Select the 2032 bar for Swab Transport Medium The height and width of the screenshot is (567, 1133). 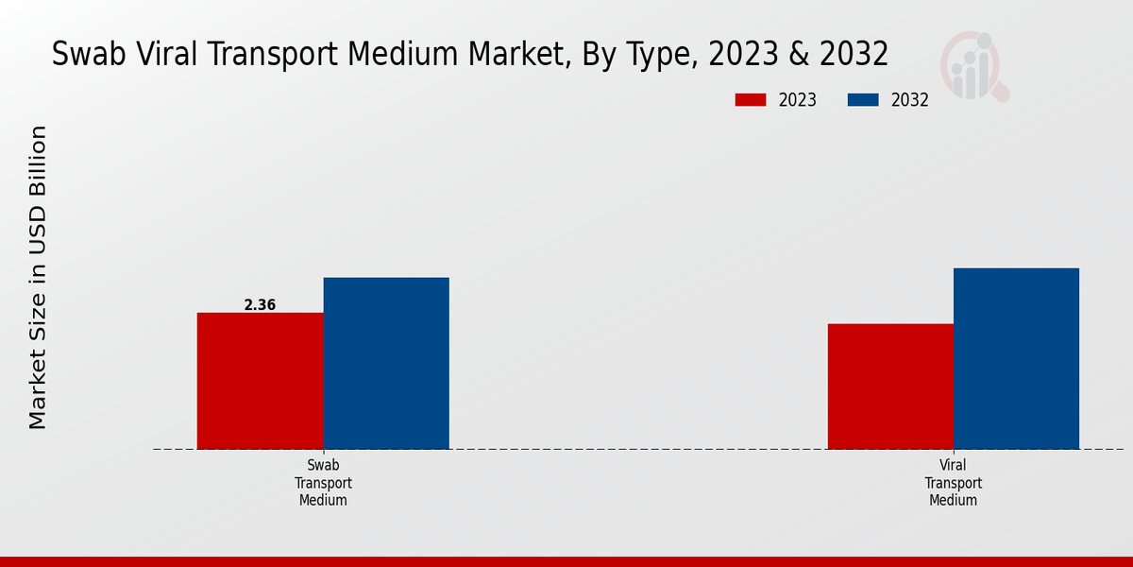(386, 363)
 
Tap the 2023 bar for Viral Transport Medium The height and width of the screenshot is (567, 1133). (890, 387)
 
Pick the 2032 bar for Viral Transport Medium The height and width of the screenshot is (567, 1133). (1016, 358)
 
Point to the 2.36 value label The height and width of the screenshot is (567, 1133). (260, 305)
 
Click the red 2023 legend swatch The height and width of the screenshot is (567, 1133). (752, 100)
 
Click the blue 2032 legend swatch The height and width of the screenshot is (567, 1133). (863, 100)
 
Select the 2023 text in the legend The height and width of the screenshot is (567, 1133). (798, 100)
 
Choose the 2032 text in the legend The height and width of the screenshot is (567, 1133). (910, 100)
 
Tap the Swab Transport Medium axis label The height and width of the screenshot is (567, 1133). (323, 483)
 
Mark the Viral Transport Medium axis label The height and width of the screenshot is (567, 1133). (953, 483)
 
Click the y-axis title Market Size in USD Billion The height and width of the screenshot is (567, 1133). (38, 277)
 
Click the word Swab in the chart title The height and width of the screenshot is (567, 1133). (86, 55)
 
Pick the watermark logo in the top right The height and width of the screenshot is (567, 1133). (973, 66)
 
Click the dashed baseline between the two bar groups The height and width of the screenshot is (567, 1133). (638, 449)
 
